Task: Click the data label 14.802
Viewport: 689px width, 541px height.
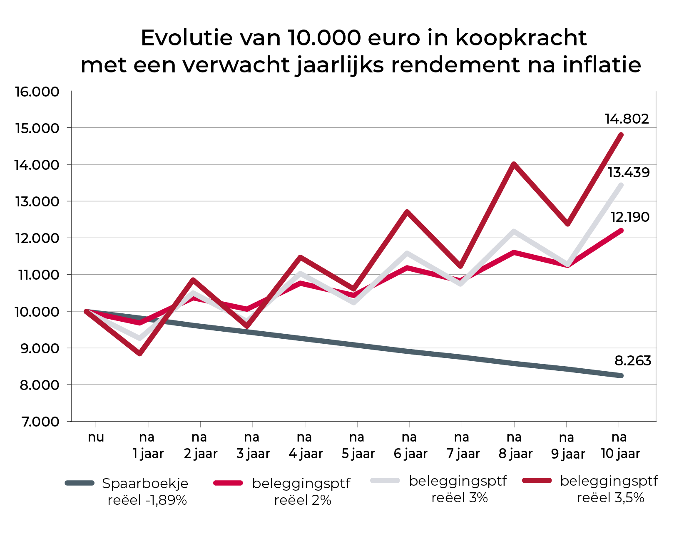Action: coord(627,119)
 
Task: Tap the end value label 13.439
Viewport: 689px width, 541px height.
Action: coord(628,172)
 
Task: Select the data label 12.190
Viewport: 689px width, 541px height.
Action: coord(629,217)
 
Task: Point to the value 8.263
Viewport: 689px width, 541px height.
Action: coord(632,360)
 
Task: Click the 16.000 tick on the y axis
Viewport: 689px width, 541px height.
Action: coord(37,92)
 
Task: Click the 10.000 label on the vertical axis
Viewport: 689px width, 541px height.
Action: coord(37,312)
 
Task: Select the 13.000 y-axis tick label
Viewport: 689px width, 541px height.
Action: coord(37,201)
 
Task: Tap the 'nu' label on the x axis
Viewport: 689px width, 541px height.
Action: coord(96,437)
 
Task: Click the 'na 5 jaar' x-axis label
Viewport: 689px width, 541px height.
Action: coord(358,445)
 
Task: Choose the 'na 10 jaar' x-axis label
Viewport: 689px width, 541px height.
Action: coord(620,445)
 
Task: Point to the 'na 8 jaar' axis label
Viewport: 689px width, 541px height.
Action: coord(515,445)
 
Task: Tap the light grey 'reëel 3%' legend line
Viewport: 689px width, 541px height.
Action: coord(385,481)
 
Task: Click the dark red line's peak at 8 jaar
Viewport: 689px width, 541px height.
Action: coord(515,164)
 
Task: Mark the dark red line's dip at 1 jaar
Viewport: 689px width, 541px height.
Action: coord(140,354)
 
